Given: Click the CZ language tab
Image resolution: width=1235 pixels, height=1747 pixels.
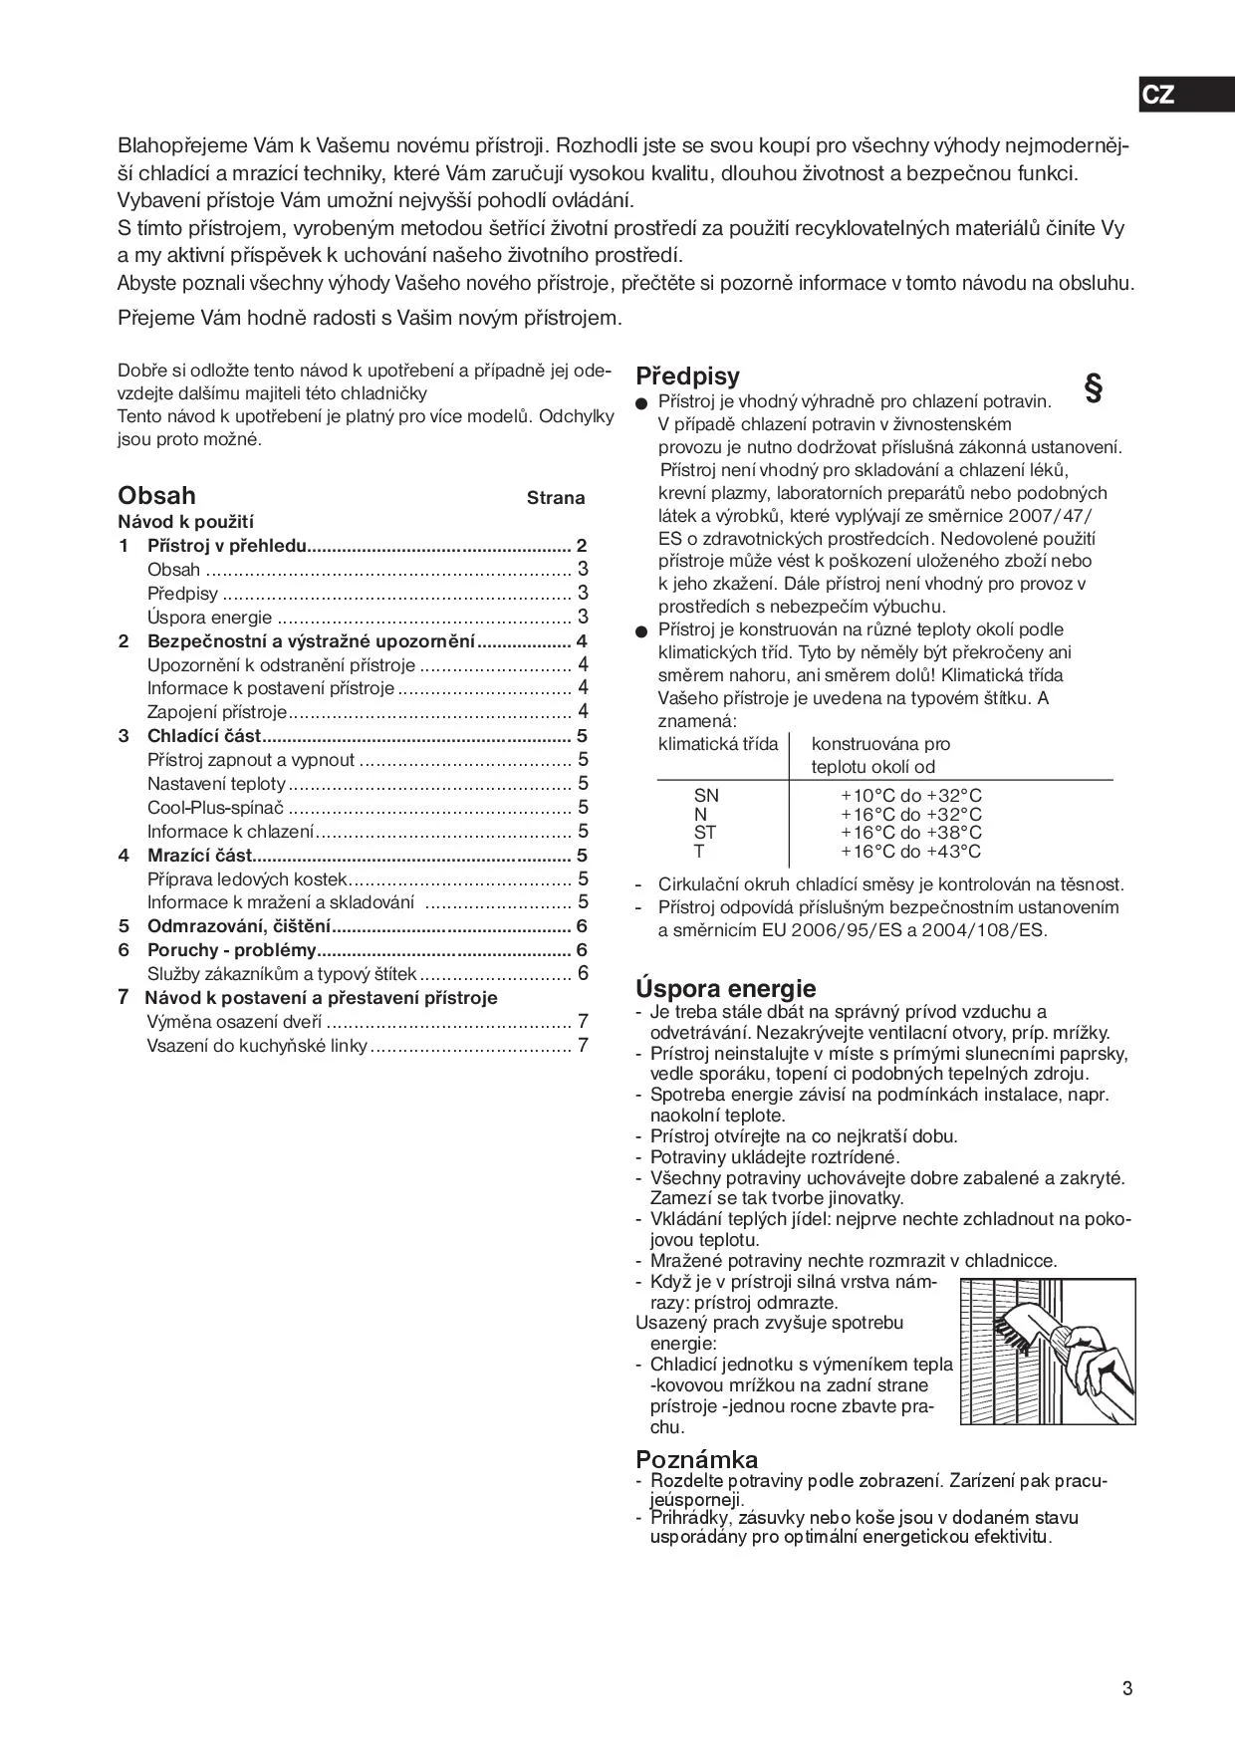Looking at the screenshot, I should (x=1158, y=96).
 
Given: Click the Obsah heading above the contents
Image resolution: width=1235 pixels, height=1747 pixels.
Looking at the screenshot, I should (x=156, y=496).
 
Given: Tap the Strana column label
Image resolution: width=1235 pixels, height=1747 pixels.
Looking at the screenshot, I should (x=556, y=498).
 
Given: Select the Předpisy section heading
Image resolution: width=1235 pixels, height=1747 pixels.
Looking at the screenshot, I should (x=687, y=376).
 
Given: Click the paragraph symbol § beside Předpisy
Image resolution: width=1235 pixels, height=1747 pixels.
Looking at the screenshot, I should (x=1093, y=388).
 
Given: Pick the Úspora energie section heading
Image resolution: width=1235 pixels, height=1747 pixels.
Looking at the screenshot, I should (x=725, y=989).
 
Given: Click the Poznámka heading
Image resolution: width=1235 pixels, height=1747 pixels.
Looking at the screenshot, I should (x=696, y=1460).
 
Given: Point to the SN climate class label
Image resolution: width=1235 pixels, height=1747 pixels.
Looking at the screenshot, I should (x=706, y=796).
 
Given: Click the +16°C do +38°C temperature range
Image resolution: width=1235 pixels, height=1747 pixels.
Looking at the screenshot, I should (x=910, y=833).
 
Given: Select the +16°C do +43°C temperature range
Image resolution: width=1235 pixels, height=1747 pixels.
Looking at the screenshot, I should (x=910, y=852).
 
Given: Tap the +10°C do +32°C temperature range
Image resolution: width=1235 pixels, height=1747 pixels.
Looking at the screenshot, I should (x=910, y=796).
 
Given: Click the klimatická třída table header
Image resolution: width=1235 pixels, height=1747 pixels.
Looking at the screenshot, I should (x=718, y=744).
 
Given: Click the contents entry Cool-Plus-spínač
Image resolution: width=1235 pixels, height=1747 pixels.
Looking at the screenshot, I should (x=215, y=808).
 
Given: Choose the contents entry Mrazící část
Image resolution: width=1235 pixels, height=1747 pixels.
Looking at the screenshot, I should (x=199, y=856).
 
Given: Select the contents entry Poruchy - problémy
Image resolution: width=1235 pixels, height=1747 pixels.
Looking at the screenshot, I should (x=231, y=950).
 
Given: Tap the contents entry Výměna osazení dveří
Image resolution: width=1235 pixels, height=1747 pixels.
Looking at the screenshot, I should (x=234, y=1022).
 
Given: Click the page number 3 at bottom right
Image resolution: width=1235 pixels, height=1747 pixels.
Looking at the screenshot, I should (x=1127, y=1688).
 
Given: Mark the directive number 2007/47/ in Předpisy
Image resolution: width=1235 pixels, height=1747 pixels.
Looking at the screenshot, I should (x=1049, y=516).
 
